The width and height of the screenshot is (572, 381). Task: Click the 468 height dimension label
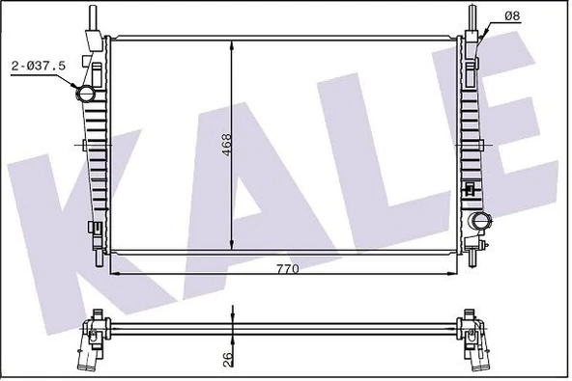[226, 145]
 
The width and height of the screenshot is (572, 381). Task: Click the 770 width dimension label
[288, 269]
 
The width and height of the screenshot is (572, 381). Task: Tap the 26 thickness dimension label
[227, 360]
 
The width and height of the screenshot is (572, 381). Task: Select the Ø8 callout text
[512, 16]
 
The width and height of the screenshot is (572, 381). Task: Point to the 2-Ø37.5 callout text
[39, 66]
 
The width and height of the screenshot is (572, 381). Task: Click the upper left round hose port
[85, 95]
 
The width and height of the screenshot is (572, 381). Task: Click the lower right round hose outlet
[480, 221]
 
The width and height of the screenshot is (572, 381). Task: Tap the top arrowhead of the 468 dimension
[232, 46]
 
